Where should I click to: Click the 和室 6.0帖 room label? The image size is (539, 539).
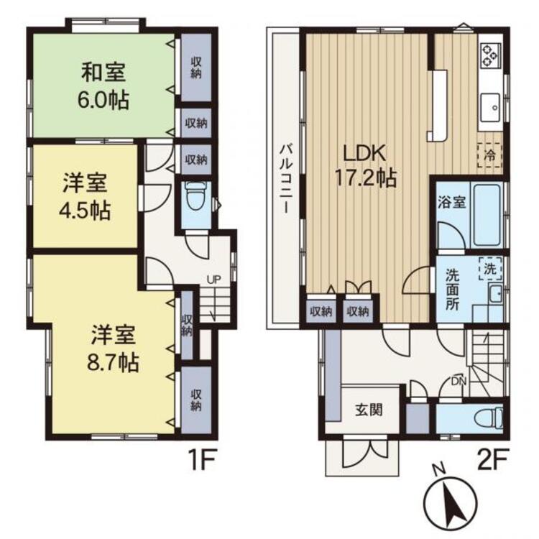[104, 86]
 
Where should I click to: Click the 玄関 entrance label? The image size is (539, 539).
[368, 410]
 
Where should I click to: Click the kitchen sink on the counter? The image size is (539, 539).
[492, 104]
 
